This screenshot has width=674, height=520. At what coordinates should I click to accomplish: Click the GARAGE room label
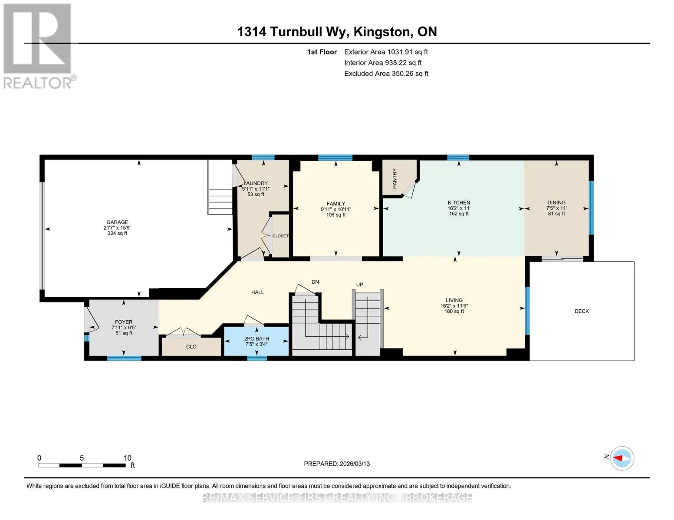point(117,222)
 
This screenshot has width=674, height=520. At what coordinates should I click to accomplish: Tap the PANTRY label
point(395,179)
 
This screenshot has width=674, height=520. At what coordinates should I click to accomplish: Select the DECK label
point(582,311)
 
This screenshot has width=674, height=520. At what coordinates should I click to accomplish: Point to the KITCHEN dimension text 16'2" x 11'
point(459,208)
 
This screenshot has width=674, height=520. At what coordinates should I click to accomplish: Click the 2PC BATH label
point(256,339)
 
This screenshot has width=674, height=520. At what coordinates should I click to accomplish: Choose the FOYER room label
point(123,322)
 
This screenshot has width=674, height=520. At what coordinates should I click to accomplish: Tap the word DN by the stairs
point(315,282)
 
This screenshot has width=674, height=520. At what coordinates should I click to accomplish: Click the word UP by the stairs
point(359,284)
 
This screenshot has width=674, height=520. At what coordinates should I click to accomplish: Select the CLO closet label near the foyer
point(191,347)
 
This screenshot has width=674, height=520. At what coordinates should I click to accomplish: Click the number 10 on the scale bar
point(128,458)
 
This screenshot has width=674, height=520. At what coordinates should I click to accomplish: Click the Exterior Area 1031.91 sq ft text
point(386,52)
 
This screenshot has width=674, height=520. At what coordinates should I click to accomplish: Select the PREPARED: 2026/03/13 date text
point(337,464)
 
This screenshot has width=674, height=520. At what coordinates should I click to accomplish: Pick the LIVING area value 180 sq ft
point(454,311)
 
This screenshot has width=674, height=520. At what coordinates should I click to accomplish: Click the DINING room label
point(556,202)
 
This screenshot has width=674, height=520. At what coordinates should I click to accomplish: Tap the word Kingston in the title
point(383,32)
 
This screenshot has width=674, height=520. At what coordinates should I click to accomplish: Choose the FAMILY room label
point(336,204)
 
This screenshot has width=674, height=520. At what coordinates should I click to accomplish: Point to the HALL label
point(257,292)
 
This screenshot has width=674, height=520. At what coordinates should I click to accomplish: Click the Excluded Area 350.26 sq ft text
point(386,74)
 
